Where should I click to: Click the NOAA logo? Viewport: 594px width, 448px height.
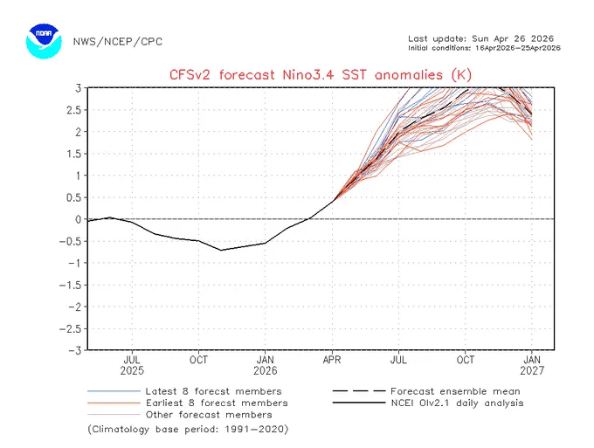tap(44, 41)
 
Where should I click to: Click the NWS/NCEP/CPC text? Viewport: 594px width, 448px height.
tap(117, 42)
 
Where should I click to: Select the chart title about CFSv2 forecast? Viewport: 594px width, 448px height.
tap(321, 74)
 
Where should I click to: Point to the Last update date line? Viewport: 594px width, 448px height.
tap(480, 38)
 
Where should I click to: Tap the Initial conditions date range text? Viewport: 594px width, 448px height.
tap(484, 48)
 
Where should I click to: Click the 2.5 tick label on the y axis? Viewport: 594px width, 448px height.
tap(73, 110)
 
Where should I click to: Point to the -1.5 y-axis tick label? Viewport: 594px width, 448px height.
tap(70, 285)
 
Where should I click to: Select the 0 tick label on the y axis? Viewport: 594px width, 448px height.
tap(78, 219)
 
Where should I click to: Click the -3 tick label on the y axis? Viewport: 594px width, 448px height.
tap(75, 350)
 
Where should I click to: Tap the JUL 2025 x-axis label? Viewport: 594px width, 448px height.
tap(132, 365)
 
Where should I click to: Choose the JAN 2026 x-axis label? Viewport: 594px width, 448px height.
tap(266, 365)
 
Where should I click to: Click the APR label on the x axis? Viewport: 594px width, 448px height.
tap(332, 360)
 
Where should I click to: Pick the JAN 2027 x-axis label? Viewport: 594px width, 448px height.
tap(532, 365)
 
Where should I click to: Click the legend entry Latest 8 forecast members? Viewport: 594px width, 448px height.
tap(184, 391)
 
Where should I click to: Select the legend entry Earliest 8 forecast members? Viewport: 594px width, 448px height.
tap(188, 403)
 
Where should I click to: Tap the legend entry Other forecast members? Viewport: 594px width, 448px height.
tap(180, 415)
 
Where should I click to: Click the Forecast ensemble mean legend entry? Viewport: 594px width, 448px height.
tap(426, 391)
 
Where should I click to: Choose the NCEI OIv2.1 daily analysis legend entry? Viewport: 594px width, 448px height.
tap(428, 403)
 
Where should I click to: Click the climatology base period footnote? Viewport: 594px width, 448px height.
tap(189, 430)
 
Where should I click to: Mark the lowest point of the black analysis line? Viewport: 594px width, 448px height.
tap(221, 250)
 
